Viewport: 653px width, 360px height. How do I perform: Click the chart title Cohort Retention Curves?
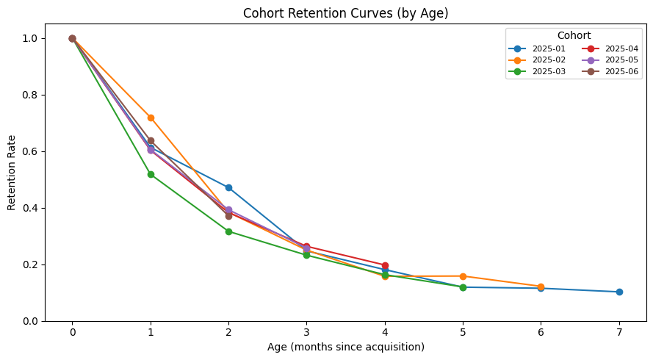[345, 12]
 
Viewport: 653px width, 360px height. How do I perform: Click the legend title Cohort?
[574, 35]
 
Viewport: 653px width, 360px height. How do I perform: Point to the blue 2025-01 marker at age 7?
[619, 292]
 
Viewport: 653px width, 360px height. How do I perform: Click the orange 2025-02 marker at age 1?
[151, 118]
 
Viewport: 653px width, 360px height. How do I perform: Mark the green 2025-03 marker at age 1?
[151, 174]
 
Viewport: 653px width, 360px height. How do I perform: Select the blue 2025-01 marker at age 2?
[228, 187]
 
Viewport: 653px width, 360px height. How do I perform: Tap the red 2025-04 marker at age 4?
[385, 265]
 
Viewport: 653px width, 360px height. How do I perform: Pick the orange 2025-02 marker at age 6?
[541, 287]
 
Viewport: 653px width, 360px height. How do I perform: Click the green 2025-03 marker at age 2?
[228, 231]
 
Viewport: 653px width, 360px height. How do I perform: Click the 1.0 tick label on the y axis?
[30, 38]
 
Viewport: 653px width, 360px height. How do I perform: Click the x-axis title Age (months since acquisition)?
[345, 347]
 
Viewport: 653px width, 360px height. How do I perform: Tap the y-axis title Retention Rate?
[12, 172]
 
